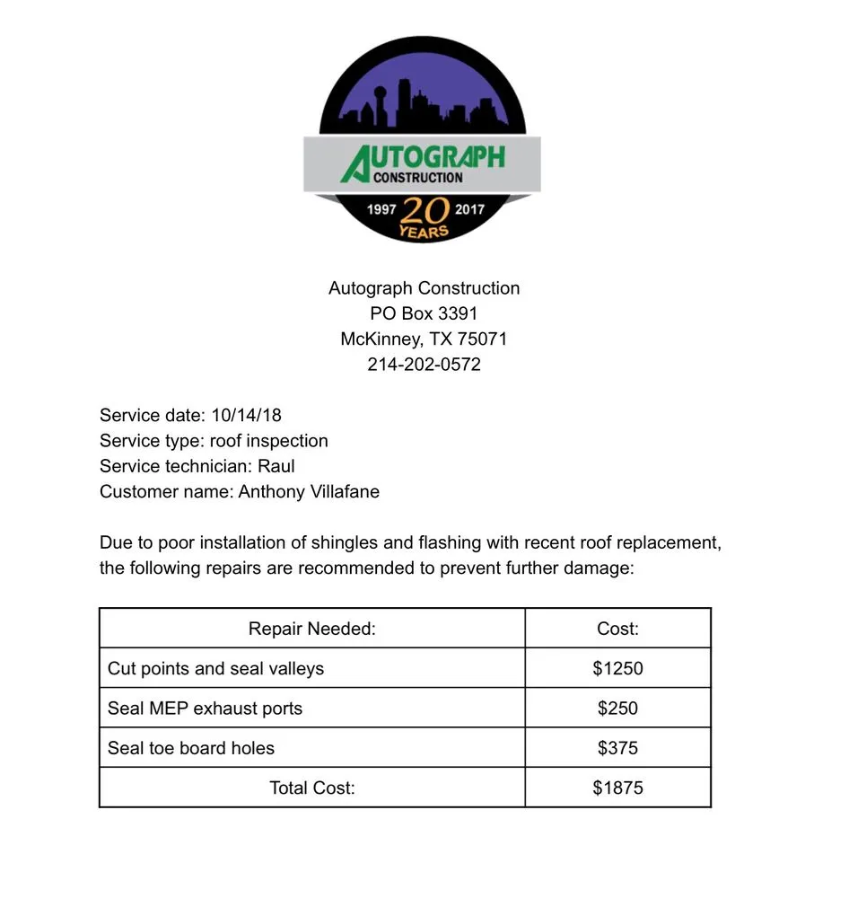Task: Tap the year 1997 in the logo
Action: pos(381,209)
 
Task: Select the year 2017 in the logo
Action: pos(469,209)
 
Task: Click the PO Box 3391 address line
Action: pos(424,313)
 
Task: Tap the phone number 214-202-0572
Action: pos(424,365)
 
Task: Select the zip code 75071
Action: pos(482,339)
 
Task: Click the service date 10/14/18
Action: pos(246,415)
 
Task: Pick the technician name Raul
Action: pos(276,466)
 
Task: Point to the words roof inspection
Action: pos(268,441)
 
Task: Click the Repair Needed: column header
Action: pos(312,629)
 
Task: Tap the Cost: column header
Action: pos(617,629)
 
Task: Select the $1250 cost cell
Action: pos(617,668)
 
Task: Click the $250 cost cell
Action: pos(617,709)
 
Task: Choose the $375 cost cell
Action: pos(617,748)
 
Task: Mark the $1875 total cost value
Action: pos(617,788)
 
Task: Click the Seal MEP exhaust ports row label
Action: pos(205,709)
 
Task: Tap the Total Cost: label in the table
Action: pos(312,788)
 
